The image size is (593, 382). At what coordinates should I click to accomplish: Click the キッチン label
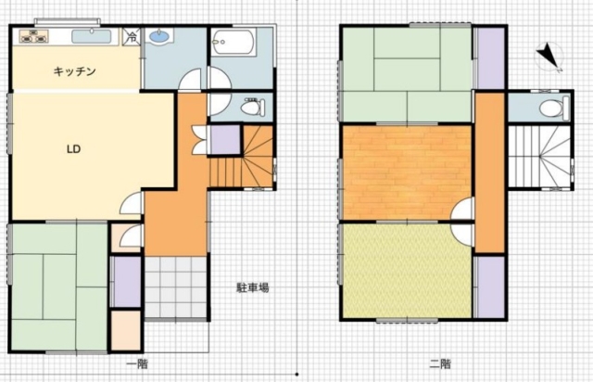[74, 71]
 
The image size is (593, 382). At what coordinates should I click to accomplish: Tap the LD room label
[74, 149]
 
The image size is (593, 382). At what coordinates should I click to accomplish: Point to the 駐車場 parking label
[253, 287]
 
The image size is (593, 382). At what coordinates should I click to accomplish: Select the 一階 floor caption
[137, 364]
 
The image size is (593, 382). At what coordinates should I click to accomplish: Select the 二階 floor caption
[440, 364]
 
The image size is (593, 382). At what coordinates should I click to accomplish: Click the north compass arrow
[549, 57]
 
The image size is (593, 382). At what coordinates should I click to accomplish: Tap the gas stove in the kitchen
[34, 36]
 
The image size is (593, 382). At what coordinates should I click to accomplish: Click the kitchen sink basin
[92, 37]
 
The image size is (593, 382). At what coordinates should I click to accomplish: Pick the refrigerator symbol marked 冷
[132, 37]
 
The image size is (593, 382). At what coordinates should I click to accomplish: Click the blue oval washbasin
[159, 36]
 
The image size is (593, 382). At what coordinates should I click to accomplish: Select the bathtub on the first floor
[233, 42]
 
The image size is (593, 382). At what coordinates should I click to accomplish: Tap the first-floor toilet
[253, 108]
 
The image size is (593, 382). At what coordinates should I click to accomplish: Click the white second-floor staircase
[539, 156]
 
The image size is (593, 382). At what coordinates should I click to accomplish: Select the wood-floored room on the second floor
[407, 172]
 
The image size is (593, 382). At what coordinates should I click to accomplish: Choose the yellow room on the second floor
[408, 271]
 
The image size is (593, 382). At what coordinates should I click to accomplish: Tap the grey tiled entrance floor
[176, 287]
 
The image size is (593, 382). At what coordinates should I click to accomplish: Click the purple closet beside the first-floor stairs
[224, 140]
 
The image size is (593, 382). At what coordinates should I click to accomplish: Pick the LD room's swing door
[131, 204]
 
